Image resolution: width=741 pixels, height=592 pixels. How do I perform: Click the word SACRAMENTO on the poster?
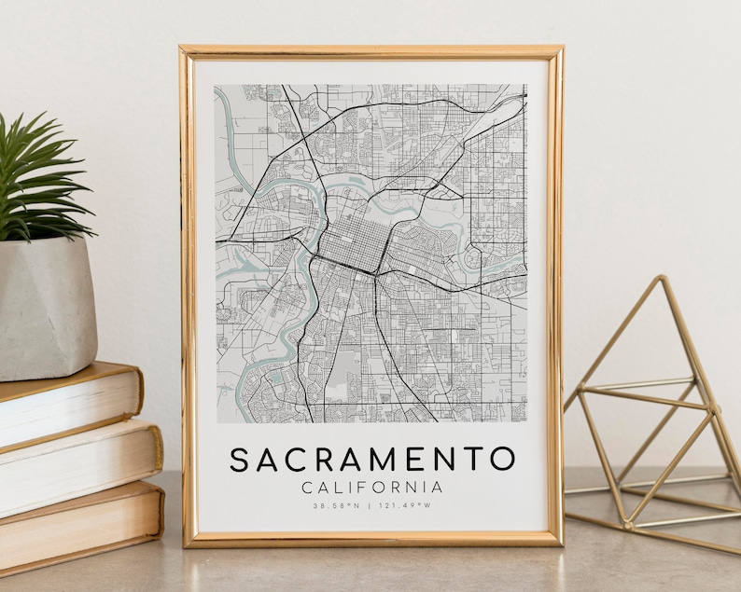372,460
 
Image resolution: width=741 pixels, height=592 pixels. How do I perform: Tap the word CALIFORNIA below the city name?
372,487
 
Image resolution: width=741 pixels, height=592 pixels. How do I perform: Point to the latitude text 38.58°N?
333,506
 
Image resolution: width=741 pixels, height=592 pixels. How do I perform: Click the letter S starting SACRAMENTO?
240,460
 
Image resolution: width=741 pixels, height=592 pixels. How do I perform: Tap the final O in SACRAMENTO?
502,460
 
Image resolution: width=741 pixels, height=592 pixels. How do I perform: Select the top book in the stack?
65,406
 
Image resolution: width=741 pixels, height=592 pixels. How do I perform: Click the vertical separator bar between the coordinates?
370,506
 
